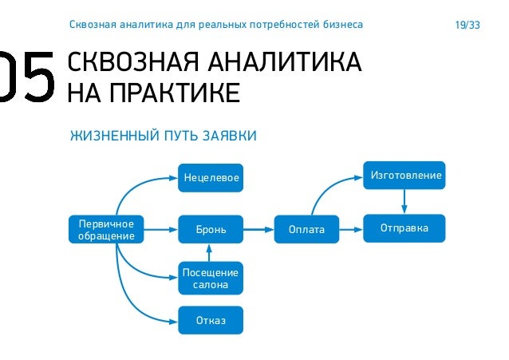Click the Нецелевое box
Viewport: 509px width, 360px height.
click(210, 177)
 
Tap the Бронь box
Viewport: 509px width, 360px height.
click(210, 230)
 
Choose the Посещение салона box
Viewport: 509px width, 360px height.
click(210, 279)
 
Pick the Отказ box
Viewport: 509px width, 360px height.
click(210, 320)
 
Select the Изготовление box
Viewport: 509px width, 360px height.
click(405, 175)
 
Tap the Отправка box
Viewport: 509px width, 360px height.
click(404, 228)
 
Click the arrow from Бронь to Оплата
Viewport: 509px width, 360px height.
click(258, 230)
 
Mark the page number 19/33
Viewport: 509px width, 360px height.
click(467, 26)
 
